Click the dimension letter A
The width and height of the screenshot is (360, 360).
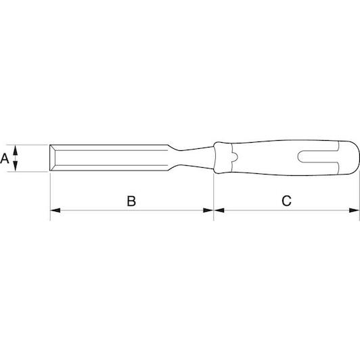[4, 158]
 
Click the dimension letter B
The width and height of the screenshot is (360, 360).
[131, 201]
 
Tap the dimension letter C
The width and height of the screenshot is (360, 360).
[286, 201]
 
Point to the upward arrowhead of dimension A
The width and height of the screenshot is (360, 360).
[15, 150]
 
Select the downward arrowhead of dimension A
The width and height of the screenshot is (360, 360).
[15, 166]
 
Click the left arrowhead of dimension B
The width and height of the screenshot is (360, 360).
[55, 210]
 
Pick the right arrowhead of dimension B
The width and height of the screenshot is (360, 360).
[208, 210]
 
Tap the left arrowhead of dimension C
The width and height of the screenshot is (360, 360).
[219, 210]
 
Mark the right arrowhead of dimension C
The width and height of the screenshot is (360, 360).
[354, 210]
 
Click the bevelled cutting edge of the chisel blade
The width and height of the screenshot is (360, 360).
[52, 158]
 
